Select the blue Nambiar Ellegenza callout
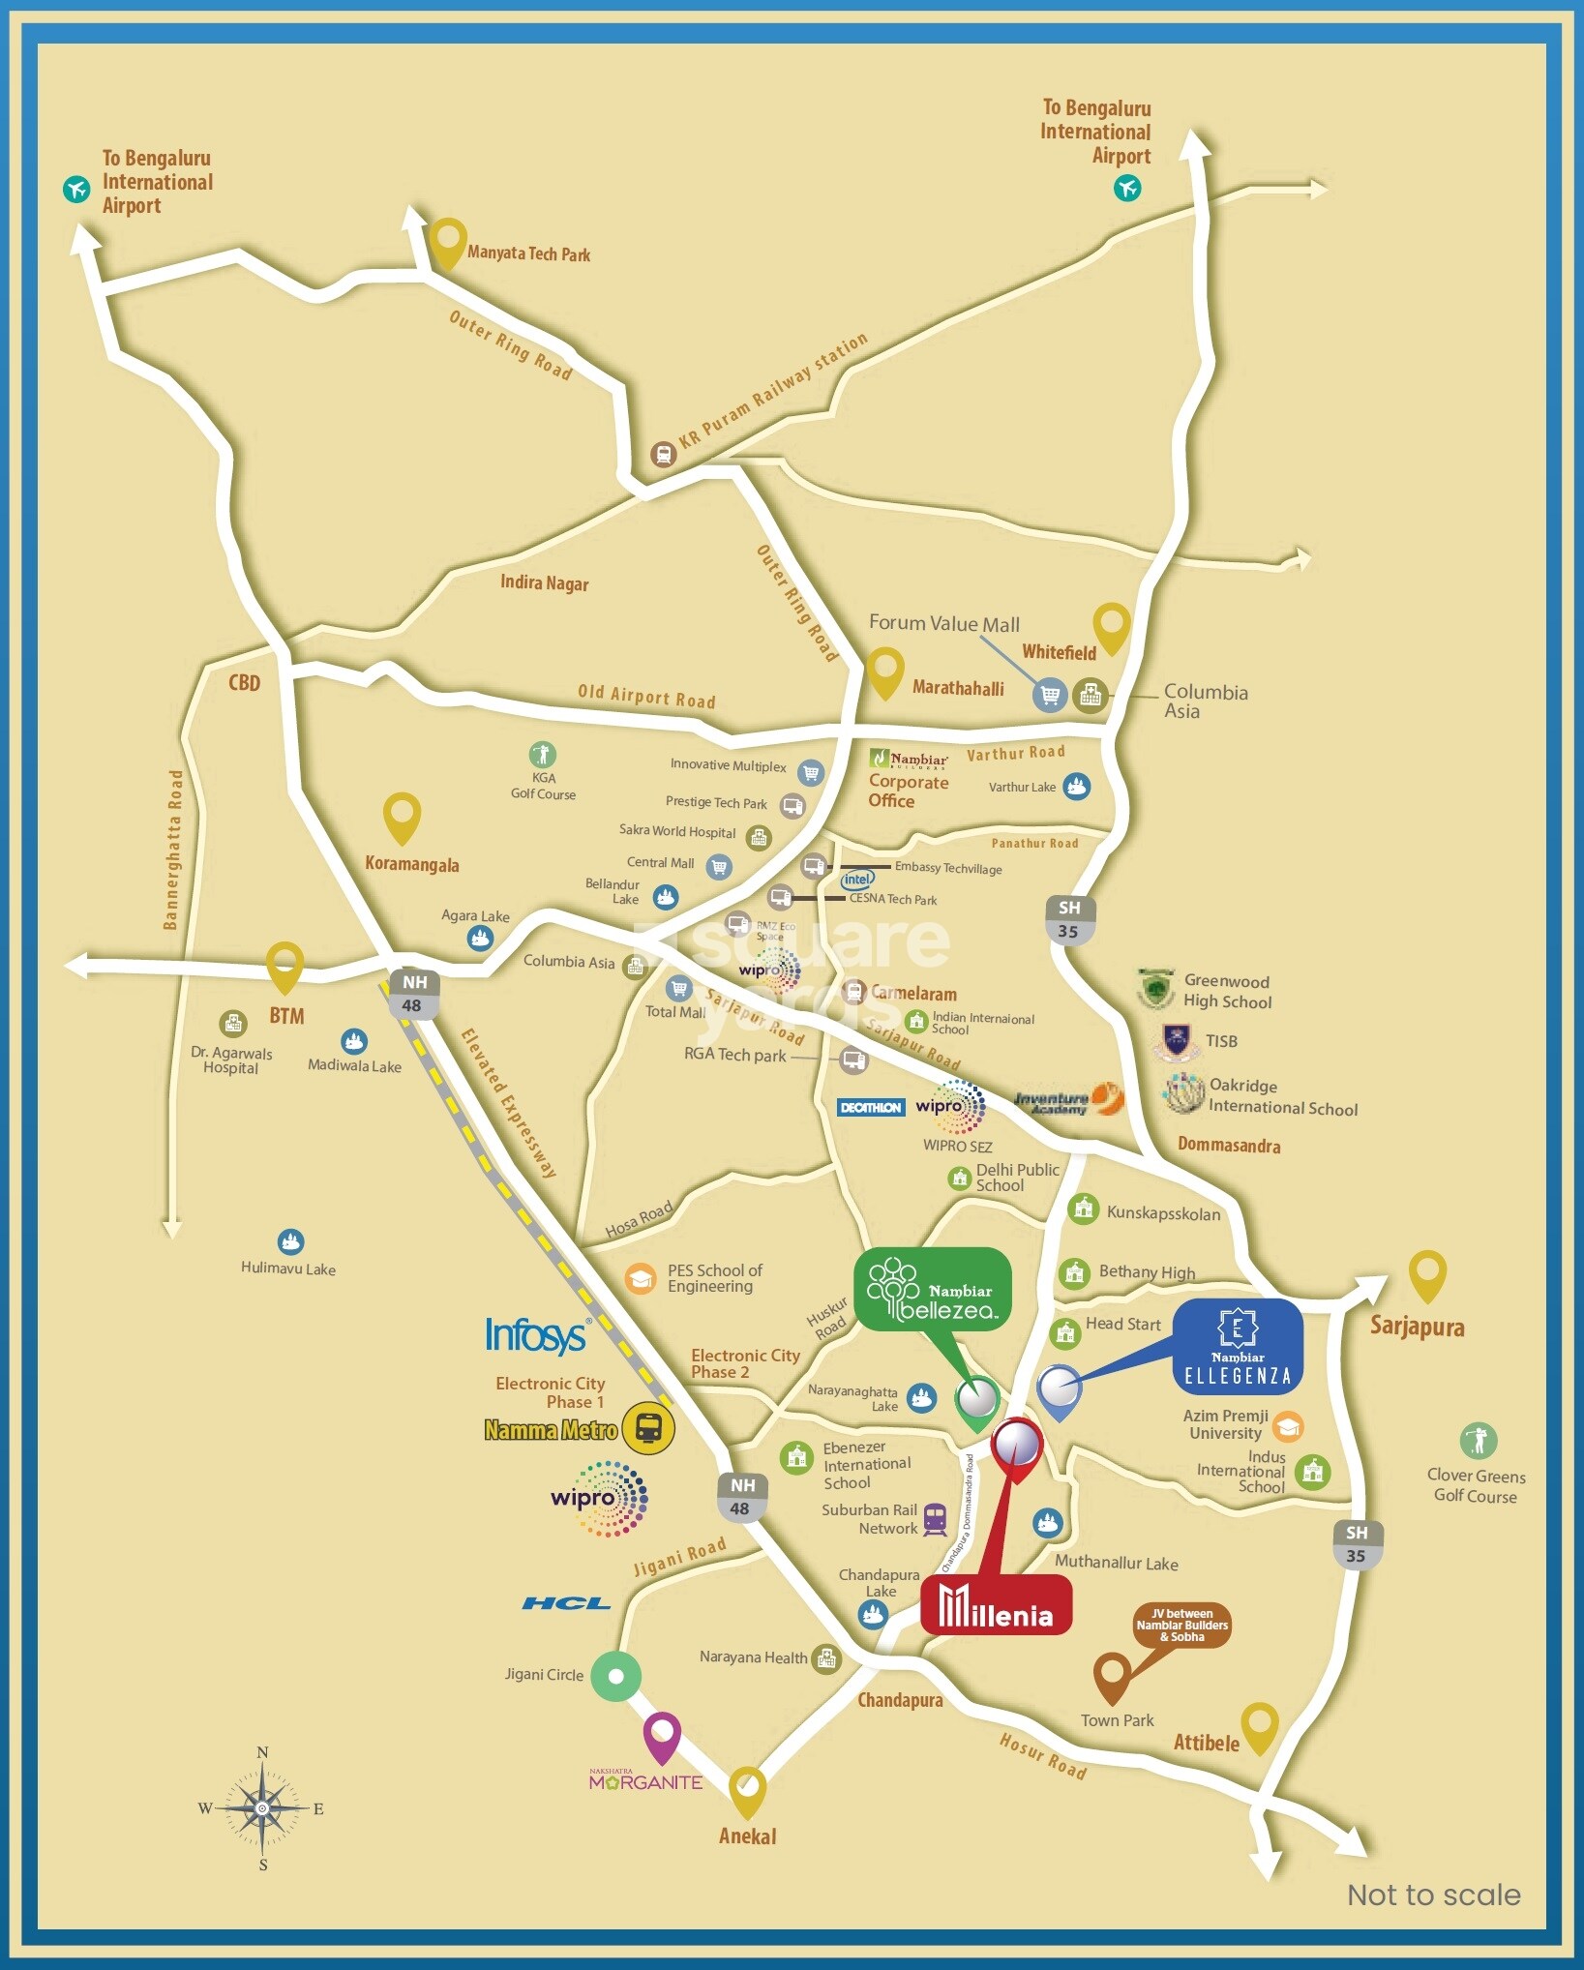1238,1346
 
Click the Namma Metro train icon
647,1428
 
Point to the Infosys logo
536,1335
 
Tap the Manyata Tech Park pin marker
447,242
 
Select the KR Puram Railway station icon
663,454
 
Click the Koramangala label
412,864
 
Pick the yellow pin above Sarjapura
1427,1274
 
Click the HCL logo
566,1603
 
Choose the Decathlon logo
871,1108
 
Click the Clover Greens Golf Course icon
1478,1440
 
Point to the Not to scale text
1433,1895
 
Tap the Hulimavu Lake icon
290,1241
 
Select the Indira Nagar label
544,582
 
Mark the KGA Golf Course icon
543,754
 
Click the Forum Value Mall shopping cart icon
1050,694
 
